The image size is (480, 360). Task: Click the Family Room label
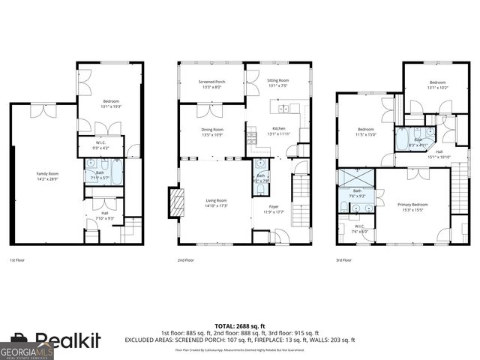click(x=46, y=173)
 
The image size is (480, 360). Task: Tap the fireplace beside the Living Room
click(x=178, y=202)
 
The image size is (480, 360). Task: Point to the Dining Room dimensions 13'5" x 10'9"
click(x=212, y=135)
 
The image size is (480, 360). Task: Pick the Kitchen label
click(x=278, y=128)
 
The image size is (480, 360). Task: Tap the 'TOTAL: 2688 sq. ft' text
click(x=239, y=325)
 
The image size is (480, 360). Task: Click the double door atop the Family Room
click(x=41, y=112)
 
